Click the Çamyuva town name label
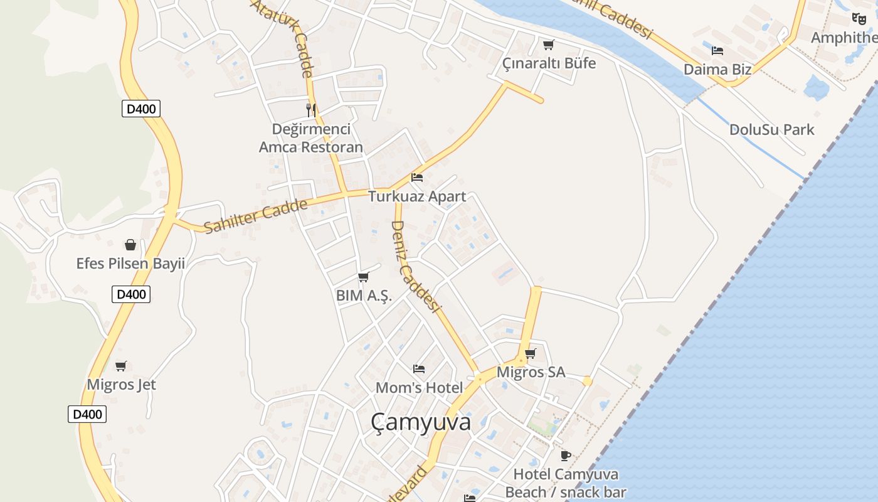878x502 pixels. coord(420,422)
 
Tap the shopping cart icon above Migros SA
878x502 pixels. coord(531,353)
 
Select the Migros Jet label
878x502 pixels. coord(121,385)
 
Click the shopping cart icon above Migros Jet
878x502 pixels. coord(121,366)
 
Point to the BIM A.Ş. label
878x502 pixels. coord(364,296)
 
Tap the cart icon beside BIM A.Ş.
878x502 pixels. coord(363,277)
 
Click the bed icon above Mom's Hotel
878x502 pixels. coord(419,369)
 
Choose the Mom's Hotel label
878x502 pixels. coord(419,388)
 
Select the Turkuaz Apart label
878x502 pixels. coord(417,196)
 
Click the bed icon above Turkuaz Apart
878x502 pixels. coord(417,178)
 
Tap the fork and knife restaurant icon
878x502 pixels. coord(311,110)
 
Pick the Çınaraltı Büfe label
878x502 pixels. coord(549,63)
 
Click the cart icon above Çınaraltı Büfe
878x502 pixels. coord(549,45)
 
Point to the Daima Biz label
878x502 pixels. coord(717,69)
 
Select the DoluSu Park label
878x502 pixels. coord(771,130)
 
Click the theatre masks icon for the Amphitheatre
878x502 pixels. coord(859,19)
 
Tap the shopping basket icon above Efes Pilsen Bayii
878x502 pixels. coord(130,244)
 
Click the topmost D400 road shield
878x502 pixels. coord(140,109)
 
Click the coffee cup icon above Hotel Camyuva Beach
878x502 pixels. coord(566,456)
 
